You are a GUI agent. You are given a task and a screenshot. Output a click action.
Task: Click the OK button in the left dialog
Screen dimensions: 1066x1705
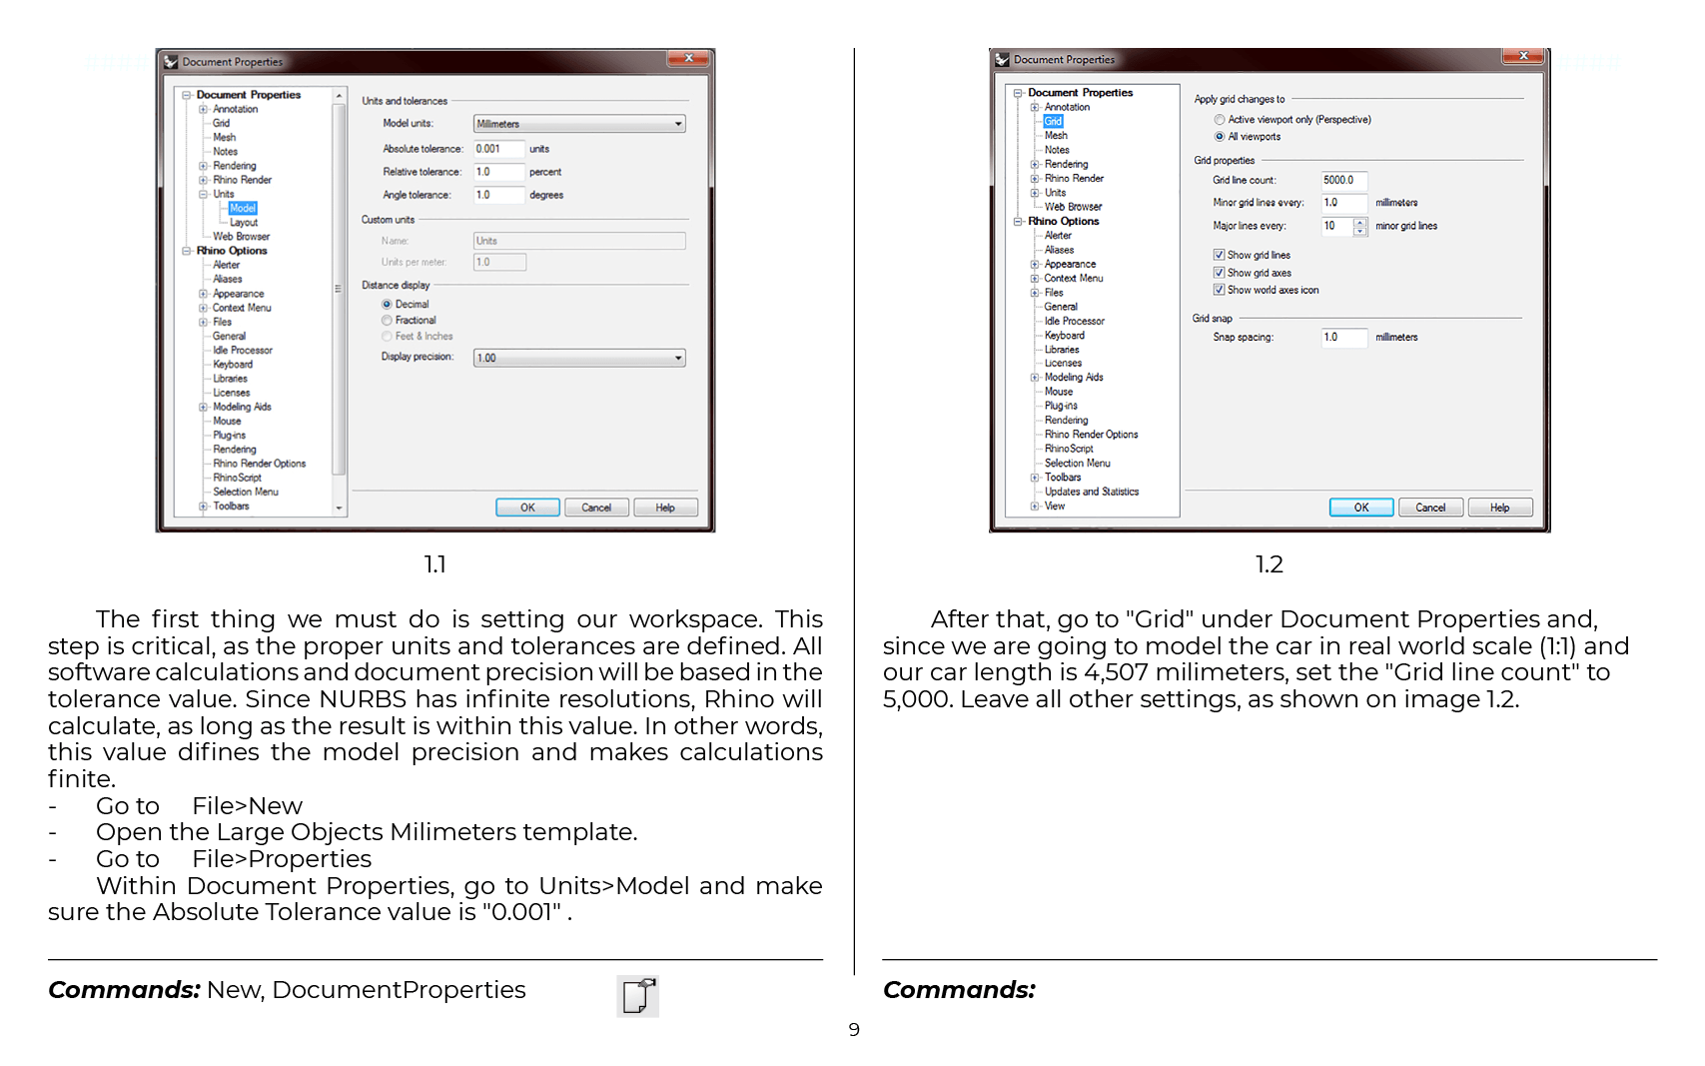pos(527,508)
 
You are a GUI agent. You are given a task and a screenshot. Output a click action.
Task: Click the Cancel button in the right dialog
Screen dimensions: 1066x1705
pos(1430,508)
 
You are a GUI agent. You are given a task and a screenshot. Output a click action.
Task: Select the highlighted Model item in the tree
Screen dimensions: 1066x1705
pos(243,208)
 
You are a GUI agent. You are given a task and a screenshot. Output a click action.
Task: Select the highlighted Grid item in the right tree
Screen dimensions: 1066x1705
pos(1053,121)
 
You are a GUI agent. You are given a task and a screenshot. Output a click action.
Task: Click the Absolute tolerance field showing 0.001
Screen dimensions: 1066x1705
pos(498,149)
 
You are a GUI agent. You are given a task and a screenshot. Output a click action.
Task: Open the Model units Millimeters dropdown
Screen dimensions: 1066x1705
pos(579,124)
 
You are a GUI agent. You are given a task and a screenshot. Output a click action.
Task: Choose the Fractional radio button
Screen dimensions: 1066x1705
pos(388,321)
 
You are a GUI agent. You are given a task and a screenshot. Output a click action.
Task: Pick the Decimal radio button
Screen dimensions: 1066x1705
pos(388,305)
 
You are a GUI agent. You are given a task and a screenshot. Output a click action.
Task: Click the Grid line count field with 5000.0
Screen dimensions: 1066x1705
pos(1343,181)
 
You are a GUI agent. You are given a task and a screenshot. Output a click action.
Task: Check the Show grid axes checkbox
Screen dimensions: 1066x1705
pos(1220,273)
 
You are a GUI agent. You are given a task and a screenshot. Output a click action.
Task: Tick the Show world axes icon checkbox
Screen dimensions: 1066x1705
pos(1220,290)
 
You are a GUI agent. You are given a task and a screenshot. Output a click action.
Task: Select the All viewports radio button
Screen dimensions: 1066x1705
pos(1220,137)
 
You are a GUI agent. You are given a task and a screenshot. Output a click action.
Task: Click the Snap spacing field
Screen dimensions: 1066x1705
pos(1343,338)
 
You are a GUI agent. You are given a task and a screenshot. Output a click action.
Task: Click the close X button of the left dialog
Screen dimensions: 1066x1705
pos(688,59)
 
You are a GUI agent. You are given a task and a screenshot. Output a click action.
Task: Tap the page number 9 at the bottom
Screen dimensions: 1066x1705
pos(854,1030)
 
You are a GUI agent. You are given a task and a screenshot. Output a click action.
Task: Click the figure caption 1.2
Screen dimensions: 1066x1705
pos(1269,564)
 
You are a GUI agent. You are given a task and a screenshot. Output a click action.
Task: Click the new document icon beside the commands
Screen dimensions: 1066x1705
pos(637,996)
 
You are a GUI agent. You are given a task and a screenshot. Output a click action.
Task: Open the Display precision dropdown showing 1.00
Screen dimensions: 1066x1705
pos(579,358)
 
